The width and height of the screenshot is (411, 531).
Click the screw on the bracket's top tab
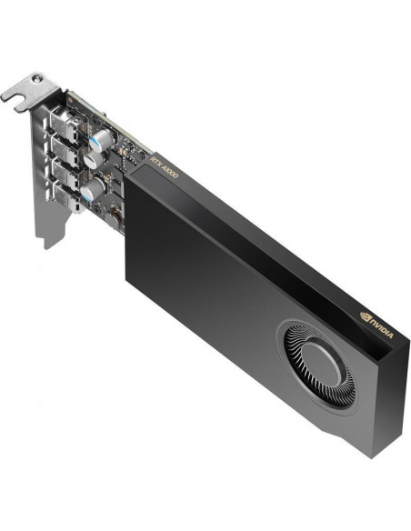37,79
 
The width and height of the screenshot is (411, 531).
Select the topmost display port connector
65,121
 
